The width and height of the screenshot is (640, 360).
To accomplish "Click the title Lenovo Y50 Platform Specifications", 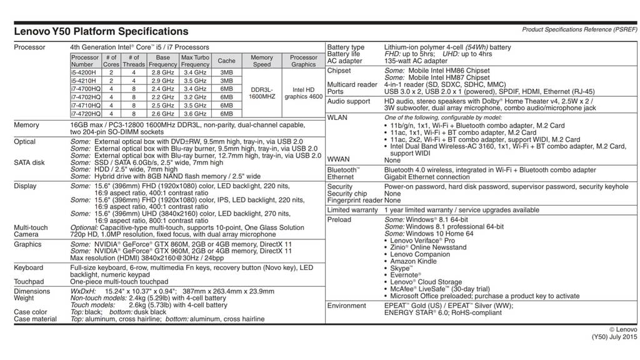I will [x=101, y=31].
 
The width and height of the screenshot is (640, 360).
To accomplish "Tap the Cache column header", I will [x=226, y=61].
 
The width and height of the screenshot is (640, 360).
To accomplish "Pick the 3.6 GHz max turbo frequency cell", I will [x=195, y=114].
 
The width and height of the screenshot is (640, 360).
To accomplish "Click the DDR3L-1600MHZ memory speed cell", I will [x=262, y=93].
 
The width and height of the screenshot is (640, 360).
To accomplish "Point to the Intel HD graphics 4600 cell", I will [x=304, y=93].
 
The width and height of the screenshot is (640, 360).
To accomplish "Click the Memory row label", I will [x=26, y=125].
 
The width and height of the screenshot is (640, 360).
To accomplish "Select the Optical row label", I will [x=25, y=142].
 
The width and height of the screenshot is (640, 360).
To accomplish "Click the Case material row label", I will [x=35, y=319].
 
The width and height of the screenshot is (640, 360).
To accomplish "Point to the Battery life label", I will [x=344, y=54].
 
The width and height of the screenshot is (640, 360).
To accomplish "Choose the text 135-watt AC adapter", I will [x=416, y=61].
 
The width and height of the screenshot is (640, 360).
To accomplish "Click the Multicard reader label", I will [x=352, y=84].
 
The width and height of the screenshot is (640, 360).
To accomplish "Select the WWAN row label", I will [x=339, y=160].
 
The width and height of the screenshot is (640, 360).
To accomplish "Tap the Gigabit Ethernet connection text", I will [x=427, y=177].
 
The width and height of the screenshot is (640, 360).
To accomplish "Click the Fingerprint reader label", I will [x=354, y=201].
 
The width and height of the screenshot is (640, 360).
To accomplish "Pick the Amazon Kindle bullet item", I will [x=415, y=261].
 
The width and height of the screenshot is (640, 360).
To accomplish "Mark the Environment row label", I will [x=347, y=306].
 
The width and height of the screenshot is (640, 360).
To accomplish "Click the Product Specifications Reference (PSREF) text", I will [x=579, y=29].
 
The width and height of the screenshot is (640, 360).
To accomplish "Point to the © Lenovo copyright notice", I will [x=623, y=329].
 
